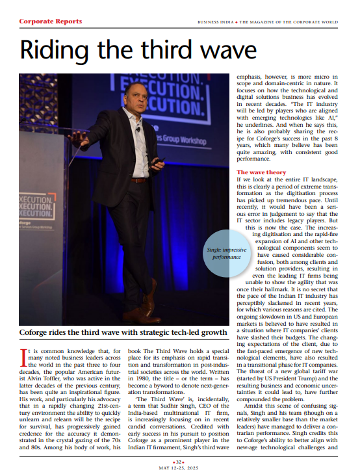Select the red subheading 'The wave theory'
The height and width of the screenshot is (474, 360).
point(262,172)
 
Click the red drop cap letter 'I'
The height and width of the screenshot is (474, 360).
point(24,356)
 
